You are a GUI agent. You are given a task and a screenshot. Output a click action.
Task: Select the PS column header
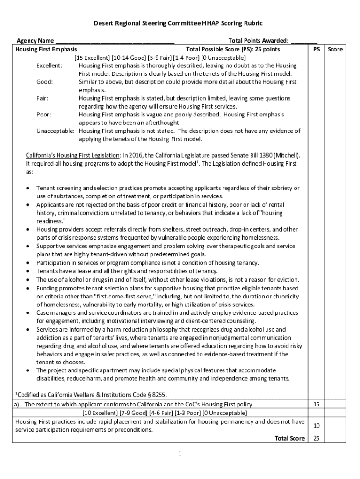pos(317,49)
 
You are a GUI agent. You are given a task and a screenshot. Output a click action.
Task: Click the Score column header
pos(335,49)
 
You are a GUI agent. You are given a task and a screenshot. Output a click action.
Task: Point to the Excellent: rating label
pos(50,66)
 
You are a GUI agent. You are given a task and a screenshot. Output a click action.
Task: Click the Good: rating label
pos(45,82)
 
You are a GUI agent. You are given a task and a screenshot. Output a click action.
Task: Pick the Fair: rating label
pos(43,98)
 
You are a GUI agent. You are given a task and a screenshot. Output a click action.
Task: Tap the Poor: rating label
pos(44,115)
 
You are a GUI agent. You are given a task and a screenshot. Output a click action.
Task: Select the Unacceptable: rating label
pos(56,131)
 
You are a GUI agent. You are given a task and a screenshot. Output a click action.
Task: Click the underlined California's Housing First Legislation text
pos(73,155)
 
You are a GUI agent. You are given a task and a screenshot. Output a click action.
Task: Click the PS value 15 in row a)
pos(317,404)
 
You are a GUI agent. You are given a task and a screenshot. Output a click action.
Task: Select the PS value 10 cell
pos(317,426)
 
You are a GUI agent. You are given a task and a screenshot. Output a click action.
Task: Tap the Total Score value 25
pos(317,438)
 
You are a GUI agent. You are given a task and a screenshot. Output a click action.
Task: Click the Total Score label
pos(290,438)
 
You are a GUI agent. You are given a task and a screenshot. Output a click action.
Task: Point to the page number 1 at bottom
pos(180,454)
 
